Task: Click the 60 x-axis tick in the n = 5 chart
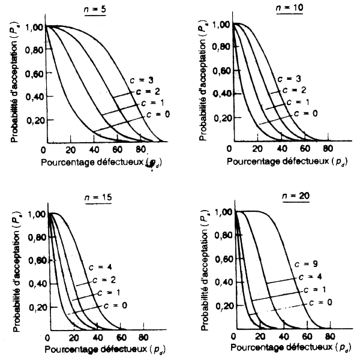point(118,150)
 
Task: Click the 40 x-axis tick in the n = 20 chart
point(283,337)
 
